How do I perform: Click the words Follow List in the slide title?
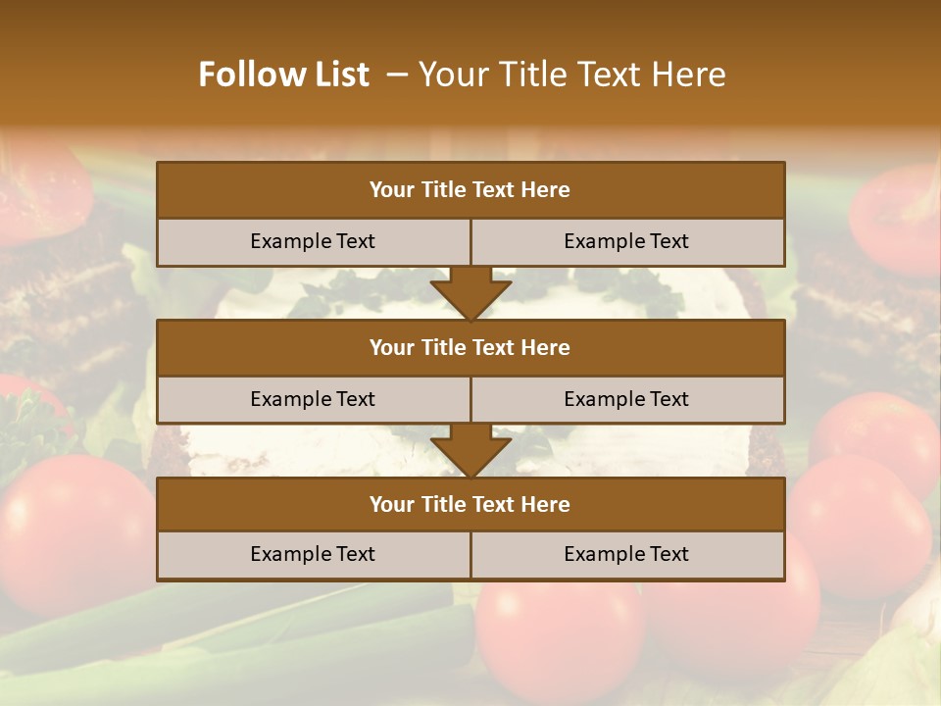pyautogui.click(x=283, y=75)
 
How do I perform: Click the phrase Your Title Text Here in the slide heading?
pyautogui.click(x=571, y=75)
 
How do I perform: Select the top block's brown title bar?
pyautogui.click(x=470, y=190)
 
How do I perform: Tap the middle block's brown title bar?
pyautogui.click(x=470, y=347)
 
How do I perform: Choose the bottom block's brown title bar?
pyautogui.click(x=470, y=504)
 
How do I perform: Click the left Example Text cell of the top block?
pyautogui.click(x=313, y=241)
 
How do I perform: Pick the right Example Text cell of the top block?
pyautogui.click(x=627, y=241)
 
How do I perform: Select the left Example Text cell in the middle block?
pyautogui.click(x=313, y=399)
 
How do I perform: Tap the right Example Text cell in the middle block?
pyautogui.click(x=627, y=399)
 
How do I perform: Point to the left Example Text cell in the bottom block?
pyautogui.click(x=313, y=554)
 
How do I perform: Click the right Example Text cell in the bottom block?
pyautogui.click(x=627, y=554)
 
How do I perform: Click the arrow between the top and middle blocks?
pyautogui.click(x=470, y=293)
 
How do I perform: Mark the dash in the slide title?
pyautogui.click(x=397, y=75)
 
